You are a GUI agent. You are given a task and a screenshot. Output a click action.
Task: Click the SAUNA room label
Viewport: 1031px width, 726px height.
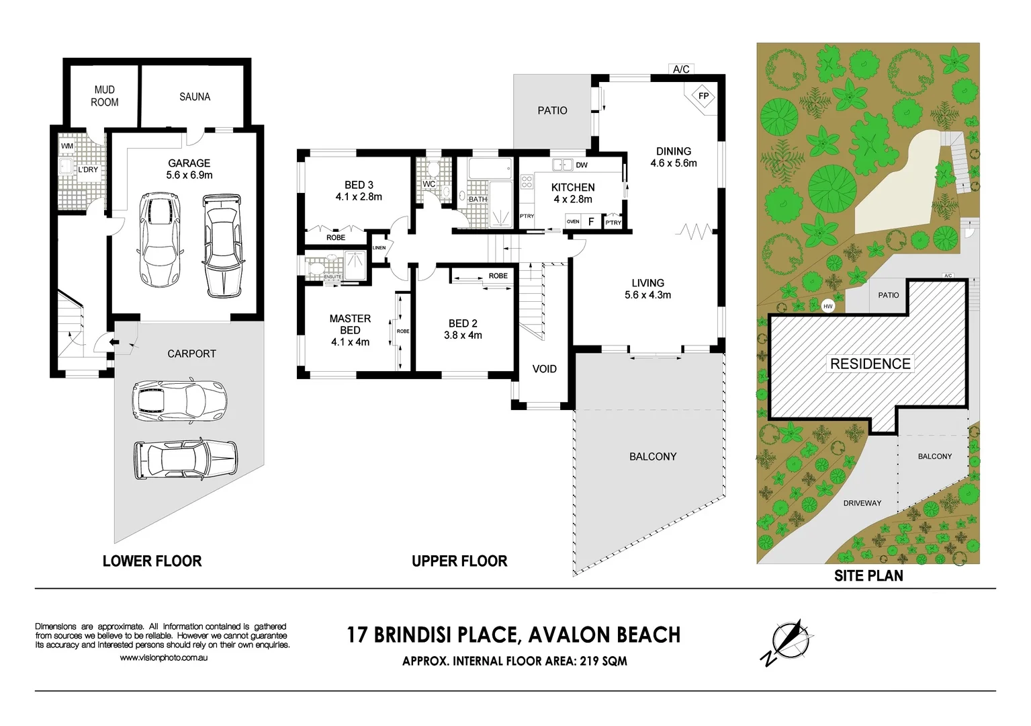pyautogui.click(x=195, y=97)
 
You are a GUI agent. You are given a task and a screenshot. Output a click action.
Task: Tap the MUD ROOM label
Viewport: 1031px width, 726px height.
pyautogui.click(x=105, y=96)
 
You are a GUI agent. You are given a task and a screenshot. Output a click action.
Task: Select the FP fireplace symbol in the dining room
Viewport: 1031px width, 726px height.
pyautogui.click(x=703, y=96)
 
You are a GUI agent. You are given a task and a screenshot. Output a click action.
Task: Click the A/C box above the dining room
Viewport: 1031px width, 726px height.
pyautogui.click(x=681, y=69)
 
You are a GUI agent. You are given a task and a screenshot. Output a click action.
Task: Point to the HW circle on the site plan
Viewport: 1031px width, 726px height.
pyautogui.click(x=828, y=307)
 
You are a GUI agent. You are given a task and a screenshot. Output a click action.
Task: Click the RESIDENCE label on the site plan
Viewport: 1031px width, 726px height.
pyautogui.click(x=870, y=364)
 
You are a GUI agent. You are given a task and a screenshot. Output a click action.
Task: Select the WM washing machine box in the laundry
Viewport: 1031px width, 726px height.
pyautogui.click(x=67, y=146)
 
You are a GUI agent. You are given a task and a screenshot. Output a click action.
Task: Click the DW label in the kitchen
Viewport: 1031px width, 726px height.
pyautogui.click(x=582, y=165)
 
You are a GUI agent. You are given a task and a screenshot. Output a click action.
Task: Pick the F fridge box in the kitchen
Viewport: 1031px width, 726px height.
pyautogui.click(x=591, y=221)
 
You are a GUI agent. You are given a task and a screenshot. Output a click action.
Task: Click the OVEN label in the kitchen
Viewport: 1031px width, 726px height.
pyautogui.click(x=573, y=221)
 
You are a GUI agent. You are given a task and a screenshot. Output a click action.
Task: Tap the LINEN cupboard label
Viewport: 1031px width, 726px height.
pyautogui.click(x=379, y=248)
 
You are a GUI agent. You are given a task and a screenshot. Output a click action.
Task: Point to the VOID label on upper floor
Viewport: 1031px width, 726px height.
pyautogui.click(x=544, y=369)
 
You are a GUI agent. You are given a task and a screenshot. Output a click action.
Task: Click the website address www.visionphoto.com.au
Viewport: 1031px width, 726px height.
pyautogui.click(x=163, y=657)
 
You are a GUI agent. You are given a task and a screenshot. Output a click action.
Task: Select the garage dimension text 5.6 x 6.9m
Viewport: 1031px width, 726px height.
pyautogui.click(x=189, y=175)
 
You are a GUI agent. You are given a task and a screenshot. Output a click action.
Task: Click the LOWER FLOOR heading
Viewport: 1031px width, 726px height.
pyautogui.click(x=152, y=561)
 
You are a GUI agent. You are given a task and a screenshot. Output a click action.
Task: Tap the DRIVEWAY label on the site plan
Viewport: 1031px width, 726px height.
pyautogui.click(x=862, y=503)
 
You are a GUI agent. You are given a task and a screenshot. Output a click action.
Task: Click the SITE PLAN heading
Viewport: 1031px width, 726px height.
pyautogui.click(x=868, y=576)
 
